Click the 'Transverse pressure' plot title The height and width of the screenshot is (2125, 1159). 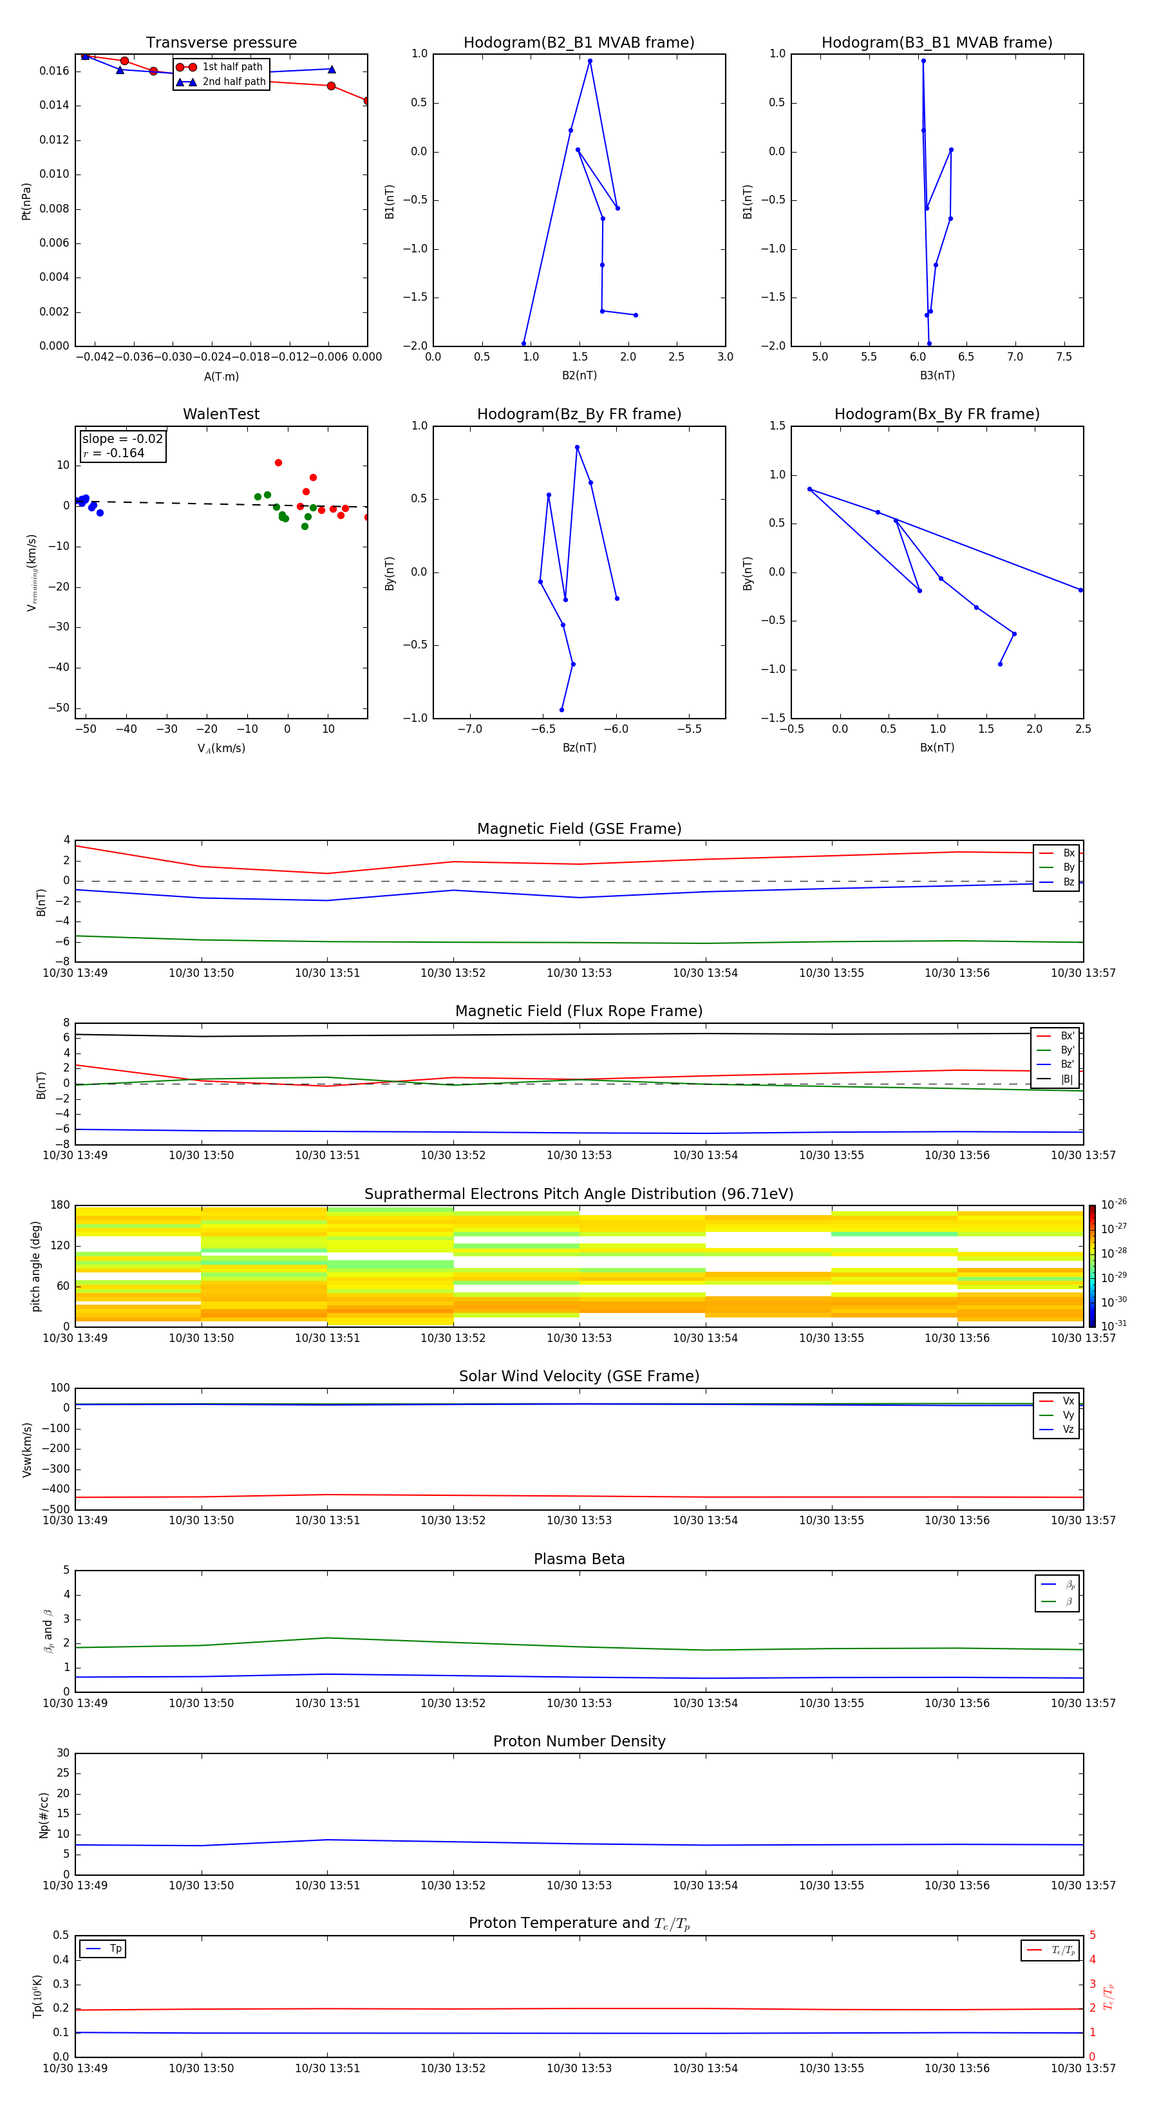[221, 43]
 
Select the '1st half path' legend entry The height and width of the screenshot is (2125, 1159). [232, 67]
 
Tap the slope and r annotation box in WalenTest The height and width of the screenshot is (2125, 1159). [122, 446]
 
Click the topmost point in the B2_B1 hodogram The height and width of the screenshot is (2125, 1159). [590, 61]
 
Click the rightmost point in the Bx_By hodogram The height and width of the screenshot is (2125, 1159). [1080, 590]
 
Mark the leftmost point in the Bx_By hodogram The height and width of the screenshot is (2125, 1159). [809, 489]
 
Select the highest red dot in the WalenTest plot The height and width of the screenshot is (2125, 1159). [278, 463]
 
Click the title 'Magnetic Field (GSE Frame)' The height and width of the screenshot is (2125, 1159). [579, 829]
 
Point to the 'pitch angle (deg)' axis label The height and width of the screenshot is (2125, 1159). [35, 1265]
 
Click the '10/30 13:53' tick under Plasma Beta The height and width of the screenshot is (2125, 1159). [579, 1703]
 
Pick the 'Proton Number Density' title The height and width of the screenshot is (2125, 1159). [579, 1741]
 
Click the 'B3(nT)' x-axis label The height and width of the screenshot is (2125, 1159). [937, 375]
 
